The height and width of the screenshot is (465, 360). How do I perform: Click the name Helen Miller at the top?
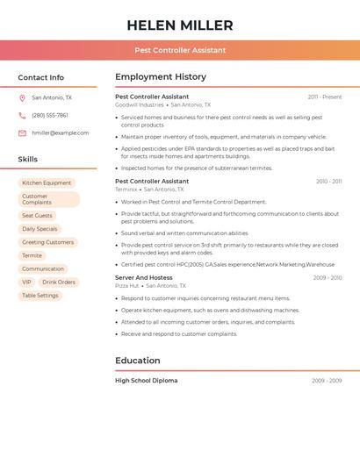tap(180, 25)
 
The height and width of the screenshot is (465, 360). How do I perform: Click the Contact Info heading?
tap(41, 77)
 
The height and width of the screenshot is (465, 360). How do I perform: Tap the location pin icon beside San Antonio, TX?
tap(22, 98)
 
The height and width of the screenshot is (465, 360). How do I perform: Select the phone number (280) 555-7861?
tap(50, 115)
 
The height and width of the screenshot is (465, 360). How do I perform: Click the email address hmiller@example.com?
tap(61, 133)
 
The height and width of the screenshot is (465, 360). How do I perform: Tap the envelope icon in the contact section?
tap(22, 133)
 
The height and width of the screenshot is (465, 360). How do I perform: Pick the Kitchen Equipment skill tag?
tap(47, 183)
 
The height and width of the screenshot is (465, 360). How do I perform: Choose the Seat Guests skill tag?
tap(38, 216)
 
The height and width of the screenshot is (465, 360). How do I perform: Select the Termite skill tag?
tap(32, 255)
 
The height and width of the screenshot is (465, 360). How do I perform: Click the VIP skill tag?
tap(27, 283)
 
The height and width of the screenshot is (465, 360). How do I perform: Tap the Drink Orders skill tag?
tap(60, 283)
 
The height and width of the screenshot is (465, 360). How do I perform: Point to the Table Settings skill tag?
tap(40, 296)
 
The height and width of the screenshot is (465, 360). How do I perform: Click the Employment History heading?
tap(161, 77)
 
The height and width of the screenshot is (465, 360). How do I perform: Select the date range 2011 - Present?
tap(324, 97)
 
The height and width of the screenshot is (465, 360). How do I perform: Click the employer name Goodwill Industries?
tap(140, 104)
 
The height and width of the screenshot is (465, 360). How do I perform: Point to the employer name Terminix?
tap(126, 189)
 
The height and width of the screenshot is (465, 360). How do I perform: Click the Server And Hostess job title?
tap(144, 277)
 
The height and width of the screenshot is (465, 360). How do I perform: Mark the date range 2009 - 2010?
tap(327, 277)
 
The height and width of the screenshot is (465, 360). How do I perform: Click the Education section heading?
tap(138, 361)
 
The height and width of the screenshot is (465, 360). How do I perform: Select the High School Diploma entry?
tap(146, 381)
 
